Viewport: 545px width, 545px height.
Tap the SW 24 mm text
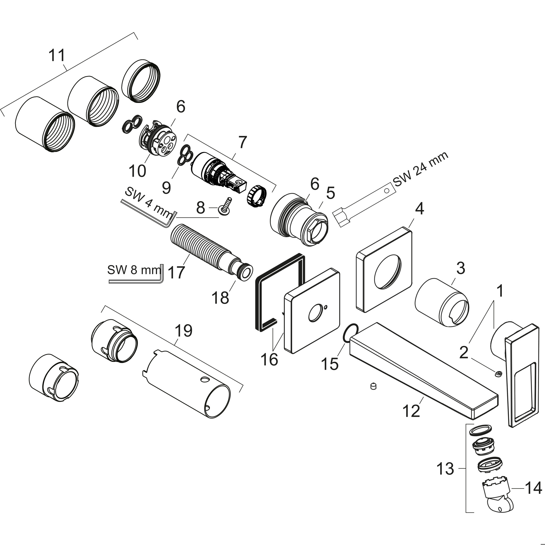(x=420, y=169)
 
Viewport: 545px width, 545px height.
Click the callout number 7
(x=242, y=142)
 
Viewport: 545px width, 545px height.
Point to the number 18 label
(x=220, y=298)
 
